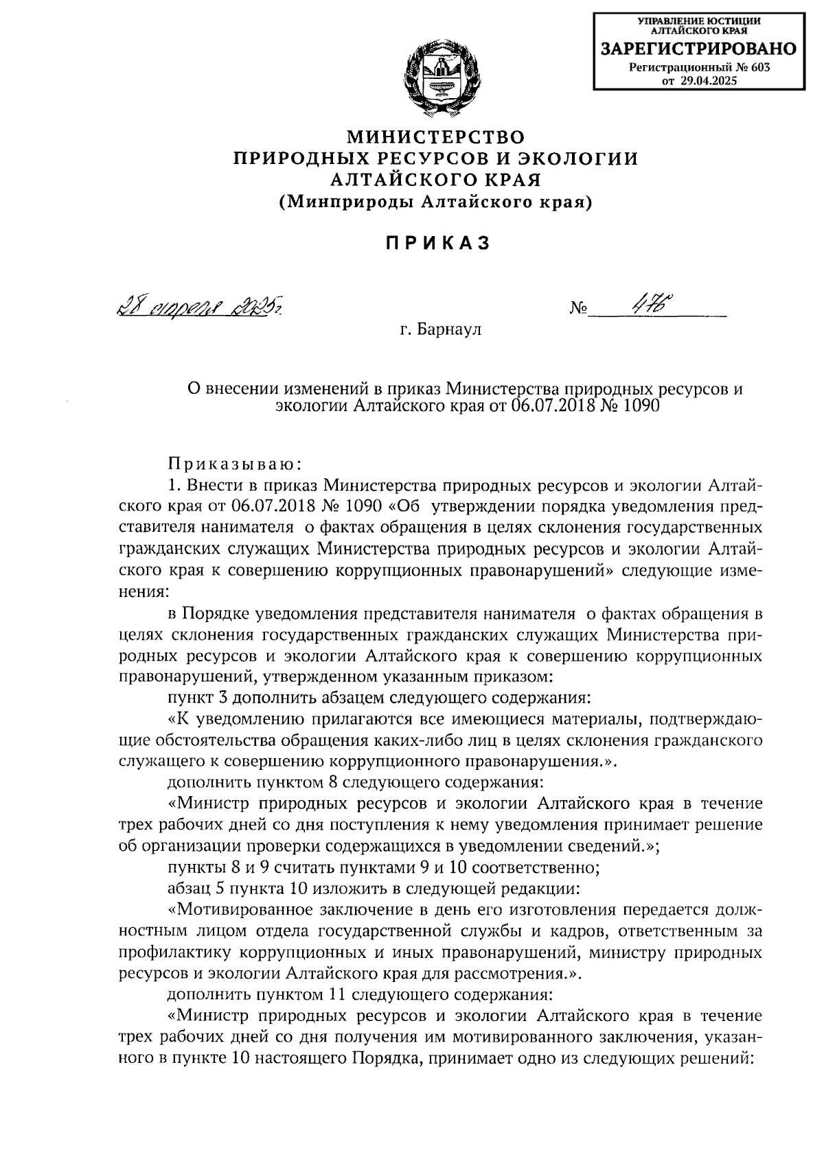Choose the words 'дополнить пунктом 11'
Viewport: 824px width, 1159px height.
tap(251, 994)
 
